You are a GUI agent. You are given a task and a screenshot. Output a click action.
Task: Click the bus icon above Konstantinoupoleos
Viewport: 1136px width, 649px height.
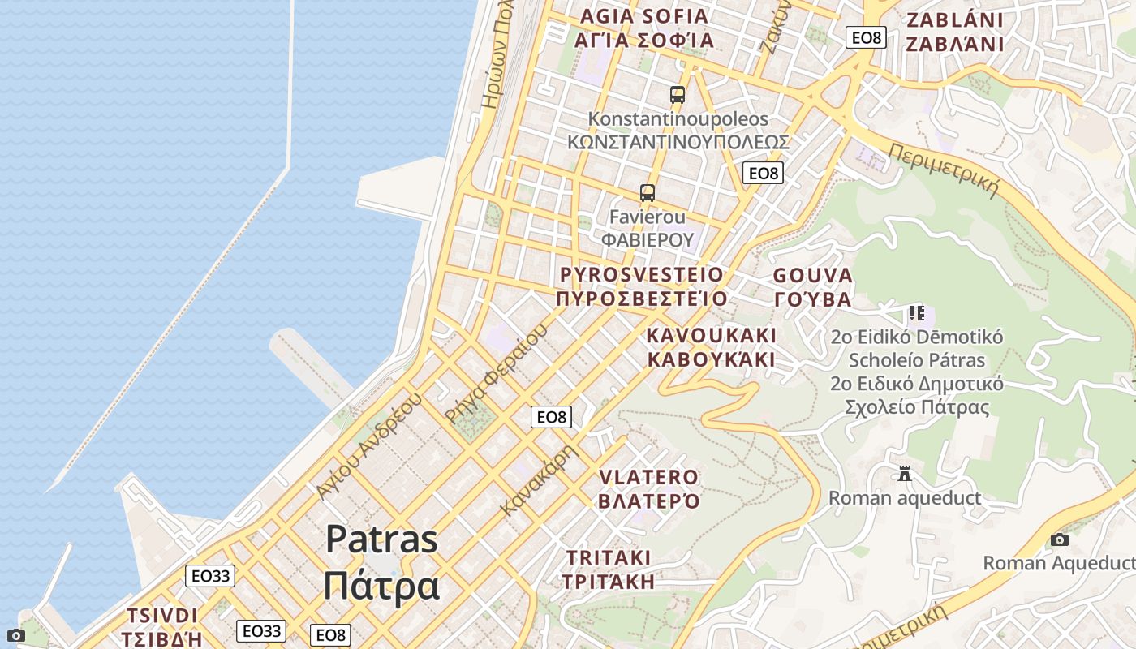(x=678, y=95)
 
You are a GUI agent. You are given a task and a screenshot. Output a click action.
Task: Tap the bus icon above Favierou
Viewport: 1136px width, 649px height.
(x=647, y=193)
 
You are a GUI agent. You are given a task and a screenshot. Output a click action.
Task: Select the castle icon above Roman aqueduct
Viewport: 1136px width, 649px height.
(x=905, y=473)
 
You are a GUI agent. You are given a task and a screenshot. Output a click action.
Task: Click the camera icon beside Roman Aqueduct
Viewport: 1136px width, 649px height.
(x=1059, y=539)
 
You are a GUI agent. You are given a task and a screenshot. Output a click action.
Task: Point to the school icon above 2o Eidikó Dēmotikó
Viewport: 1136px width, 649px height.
(x=917, y=313)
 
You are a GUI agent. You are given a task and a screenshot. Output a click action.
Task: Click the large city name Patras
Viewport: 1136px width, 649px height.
(x=382, y=539)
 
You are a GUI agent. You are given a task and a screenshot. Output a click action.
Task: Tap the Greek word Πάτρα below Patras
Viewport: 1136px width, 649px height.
(x=381, y=586)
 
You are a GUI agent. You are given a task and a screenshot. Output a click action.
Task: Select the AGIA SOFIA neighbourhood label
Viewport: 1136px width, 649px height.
(x=644, y=16)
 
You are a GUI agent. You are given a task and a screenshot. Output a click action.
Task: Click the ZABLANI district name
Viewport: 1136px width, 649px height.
(x=954, y=20)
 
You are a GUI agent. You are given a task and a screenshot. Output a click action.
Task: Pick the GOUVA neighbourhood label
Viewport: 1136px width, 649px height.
(x=812, y=276)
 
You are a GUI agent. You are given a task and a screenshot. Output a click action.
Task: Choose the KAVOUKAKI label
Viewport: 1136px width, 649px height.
(x=712, y=335)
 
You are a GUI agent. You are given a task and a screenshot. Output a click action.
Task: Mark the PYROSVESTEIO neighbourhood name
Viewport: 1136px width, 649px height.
(x=641, y=274)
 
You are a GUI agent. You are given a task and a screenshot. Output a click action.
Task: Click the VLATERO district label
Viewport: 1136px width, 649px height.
(x=648, y=477)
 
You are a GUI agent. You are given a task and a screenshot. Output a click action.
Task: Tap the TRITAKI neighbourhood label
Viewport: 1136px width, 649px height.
(x=609, y=558)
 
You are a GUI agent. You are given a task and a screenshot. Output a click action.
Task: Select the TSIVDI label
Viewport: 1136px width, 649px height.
(x=162, y=615)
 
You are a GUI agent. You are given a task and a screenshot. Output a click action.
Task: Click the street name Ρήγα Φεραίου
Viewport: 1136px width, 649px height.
(x=497, y=373)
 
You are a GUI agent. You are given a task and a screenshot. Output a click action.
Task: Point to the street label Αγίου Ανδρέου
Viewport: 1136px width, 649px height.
(x=369, y=446)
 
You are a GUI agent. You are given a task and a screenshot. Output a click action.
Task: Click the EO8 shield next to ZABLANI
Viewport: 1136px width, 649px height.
(x=865, y=37)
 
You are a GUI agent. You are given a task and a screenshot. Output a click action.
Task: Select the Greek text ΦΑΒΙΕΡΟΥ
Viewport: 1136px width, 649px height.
(x=648, y=240)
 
